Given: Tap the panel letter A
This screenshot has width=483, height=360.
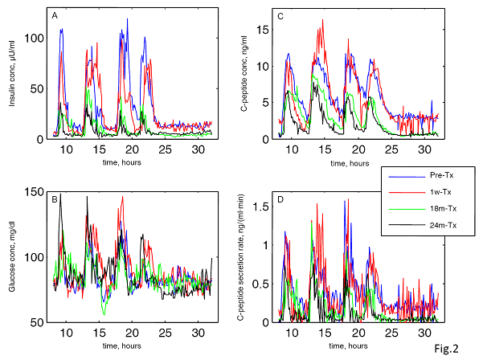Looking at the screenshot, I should click(54, 15).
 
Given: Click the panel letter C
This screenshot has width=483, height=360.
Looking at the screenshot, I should click(280, 15).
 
